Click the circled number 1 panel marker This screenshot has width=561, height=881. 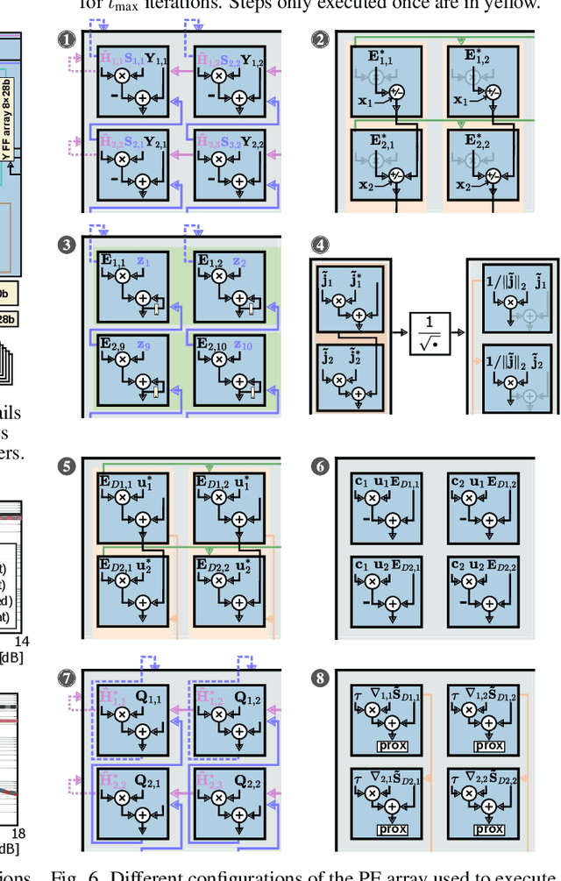[66, 39]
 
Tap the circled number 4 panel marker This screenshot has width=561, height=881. [320, 245]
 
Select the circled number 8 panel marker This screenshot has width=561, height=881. [320, 677]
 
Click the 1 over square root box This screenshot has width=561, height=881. [430, 334]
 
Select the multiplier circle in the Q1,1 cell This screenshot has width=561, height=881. [123, 715]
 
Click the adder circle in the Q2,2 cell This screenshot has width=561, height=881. [240, 820]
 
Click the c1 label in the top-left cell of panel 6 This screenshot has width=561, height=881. [360, 481]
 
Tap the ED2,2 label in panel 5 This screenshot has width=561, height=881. [213, 564]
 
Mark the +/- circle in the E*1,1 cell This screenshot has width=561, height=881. [396, 92]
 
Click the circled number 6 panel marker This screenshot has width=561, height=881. [320, 466]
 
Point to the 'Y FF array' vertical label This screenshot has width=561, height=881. [8, 127]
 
